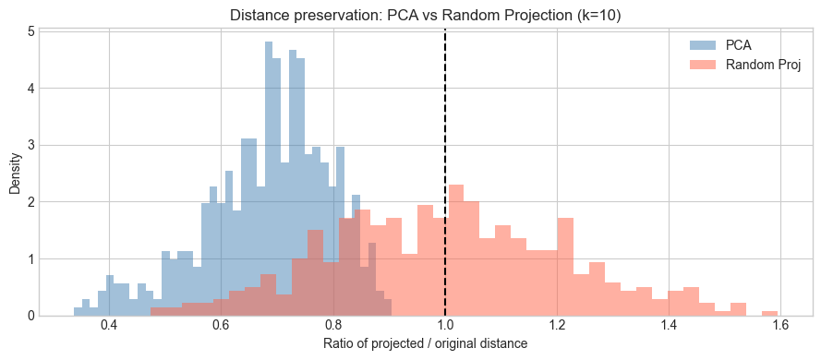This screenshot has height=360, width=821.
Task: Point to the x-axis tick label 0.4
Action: (x=109, y=327)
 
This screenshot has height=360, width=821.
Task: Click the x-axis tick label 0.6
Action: (x=221, y=327)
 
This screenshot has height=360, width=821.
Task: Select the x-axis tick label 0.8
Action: (x=332, y=327)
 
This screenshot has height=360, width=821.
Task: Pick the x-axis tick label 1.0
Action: (x=445, y=327)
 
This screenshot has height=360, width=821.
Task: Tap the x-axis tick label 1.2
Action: (x=557, y=327)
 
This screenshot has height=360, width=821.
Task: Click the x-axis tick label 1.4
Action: (x=669, y=327)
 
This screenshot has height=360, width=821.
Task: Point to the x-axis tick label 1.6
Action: (x=780, y=327)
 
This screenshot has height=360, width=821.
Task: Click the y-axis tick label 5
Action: (x=31, y=31)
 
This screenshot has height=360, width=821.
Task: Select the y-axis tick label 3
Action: (x=31, y=145)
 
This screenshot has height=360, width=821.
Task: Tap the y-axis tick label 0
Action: (x=31, y=316)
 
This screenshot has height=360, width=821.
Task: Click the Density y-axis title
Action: (x=14, y=173)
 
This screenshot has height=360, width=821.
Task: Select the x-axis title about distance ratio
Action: (x=425, y=344)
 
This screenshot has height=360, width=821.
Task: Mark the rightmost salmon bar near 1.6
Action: (x=769, y=313)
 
